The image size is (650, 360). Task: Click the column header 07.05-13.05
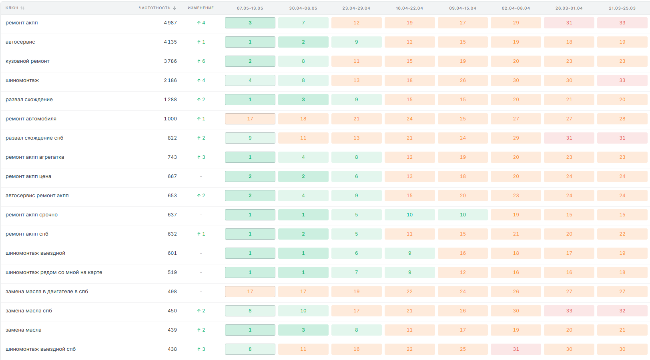click(250, 8)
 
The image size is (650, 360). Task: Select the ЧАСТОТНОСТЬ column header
click(154, 8)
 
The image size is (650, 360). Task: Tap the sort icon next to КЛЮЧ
click(22, 8)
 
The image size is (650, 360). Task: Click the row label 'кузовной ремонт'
click(28, 61)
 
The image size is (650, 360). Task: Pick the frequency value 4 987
click(171, 23)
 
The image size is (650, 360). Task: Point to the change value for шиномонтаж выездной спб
click(201, 349)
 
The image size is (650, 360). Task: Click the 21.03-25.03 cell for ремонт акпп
click(622, 23)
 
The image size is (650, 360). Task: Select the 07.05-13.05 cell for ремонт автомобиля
click(250, 119)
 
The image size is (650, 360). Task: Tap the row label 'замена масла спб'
click(29, 311)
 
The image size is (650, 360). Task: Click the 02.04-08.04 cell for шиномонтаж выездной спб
click(516, 349)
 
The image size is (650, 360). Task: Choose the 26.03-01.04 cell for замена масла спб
click(569, 311)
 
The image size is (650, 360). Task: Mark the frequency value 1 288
click(171, 100)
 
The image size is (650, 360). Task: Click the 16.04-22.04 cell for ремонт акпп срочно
click(410, 215)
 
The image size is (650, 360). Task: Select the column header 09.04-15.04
click(463, 8)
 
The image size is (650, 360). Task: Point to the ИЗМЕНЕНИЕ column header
click(201, 8)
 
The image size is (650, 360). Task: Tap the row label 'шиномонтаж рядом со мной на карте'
click(54, 272)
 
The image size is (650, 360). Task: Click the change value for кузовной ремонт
click(201, 61)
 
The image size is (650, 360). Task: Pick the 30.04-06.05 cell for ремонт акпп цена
click(303, 176)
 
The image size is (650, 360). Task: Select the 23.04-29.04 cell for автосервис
click(356, 42)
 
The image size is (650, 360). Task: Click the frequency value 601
click(172, 253)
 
